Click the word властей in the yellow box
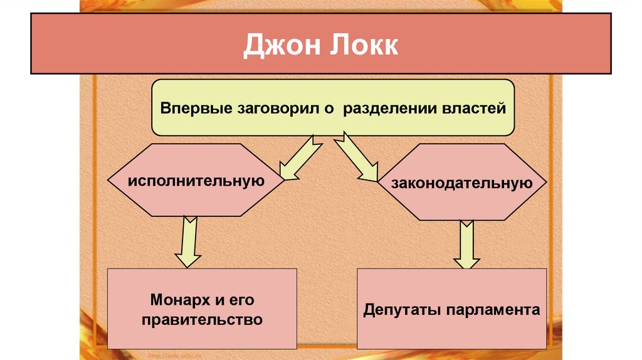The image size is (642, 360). tap(471, 108)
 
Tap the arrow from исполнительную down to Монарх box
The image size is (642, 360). tap(186, 241)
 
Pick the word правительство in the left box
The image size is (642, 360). tap(201, 319)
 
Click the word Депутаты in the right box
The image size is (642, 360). tap(402, 310)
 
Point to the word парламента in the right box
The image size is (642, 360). tap(492, 310)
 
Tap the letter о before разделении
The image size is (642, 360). tap(326, 109)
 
